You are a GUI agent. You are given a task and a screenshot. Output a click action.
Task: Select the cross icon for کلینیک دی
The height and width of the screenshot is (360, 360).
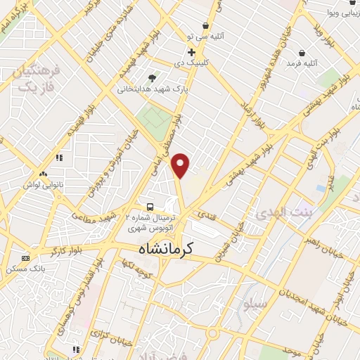pos(191,51)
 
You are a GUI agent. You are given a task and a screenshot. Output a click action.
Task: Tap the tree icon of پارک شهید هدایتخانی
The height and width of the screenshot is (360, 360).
pos(152,77)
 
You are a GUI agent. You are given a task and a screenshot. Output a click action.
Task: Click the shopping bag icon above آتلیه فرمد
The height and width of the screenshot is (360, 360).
pos(302,52)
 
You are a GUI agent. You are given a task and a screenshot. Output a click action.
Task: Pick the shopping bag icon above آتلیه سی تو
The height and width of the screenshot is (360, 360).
pos(205,25)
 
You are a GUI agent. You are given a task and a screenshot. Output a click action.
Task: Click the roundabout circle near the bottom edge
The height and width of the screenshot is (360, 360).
pos(214,333)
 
